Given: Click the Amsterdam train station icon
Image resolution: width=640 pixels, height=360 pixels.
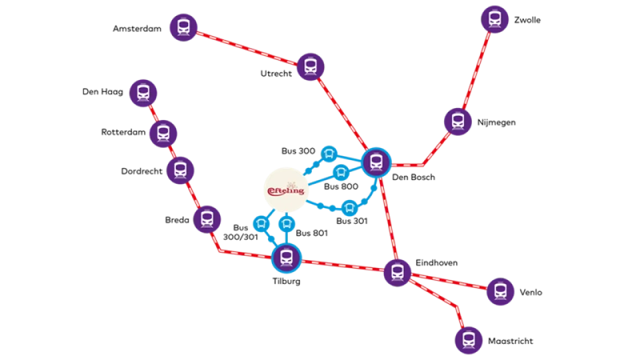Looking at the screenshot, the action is tap(184, 27).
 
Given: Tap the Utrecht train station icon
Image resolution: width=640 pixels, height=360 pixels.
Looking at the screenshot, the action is tap(311, 67).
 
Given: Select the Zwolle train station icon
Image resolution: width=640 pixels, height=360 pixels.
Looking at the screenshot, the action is tap(495, 19).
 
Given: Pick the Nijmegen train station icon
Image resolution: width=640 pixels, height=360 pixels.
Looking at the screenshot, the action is tap(458, 121).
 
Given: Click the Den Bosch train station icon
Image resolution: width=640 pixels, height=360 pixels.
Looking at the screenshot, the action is tap(376, 163).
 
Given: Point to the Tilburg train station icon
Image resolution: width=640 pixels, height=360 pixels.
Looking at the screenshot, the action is tap(287, 258).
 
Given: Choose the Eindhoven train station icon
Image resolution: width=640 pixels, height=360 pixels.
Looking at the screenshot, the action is tap(397, 272).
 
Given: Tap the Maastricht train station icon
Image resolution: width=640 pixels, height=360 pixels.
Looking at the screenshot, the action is tap(469, 340).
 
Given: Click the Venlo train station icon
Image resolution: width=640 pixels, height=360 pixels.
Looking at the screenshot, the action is tap(501, 291).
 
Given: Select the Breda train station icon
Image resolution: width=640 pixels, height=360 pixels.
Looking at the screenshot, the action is tap(207, 219).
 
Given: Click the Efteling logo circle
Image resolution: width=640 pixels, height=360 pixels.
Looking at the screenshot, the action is tap(286, 190).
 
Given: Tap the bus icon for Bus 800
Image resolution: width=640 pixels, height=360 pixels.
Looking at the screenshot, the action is tap(341, 173).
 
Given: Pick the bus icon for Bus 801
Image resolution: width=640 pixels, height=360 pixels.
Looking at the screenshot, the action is tap(287, 224).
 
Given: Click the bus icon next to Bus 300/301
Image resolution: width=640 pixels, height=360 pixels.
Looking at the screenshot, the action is tap(261, 224).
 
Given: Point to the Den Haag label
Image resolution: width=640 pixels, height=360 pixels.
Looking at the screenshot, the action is tap(103, 92).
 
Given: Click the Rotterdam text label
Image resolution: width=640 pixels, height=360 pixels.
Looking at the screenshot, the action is tap(123, 132).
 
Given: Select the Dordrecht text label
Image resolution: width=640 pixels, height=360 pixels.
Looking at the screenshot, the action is tap(141, 171).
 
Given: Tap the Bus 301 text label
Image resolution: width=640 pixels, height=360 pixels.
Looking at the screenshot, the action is tap(352, 221).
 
